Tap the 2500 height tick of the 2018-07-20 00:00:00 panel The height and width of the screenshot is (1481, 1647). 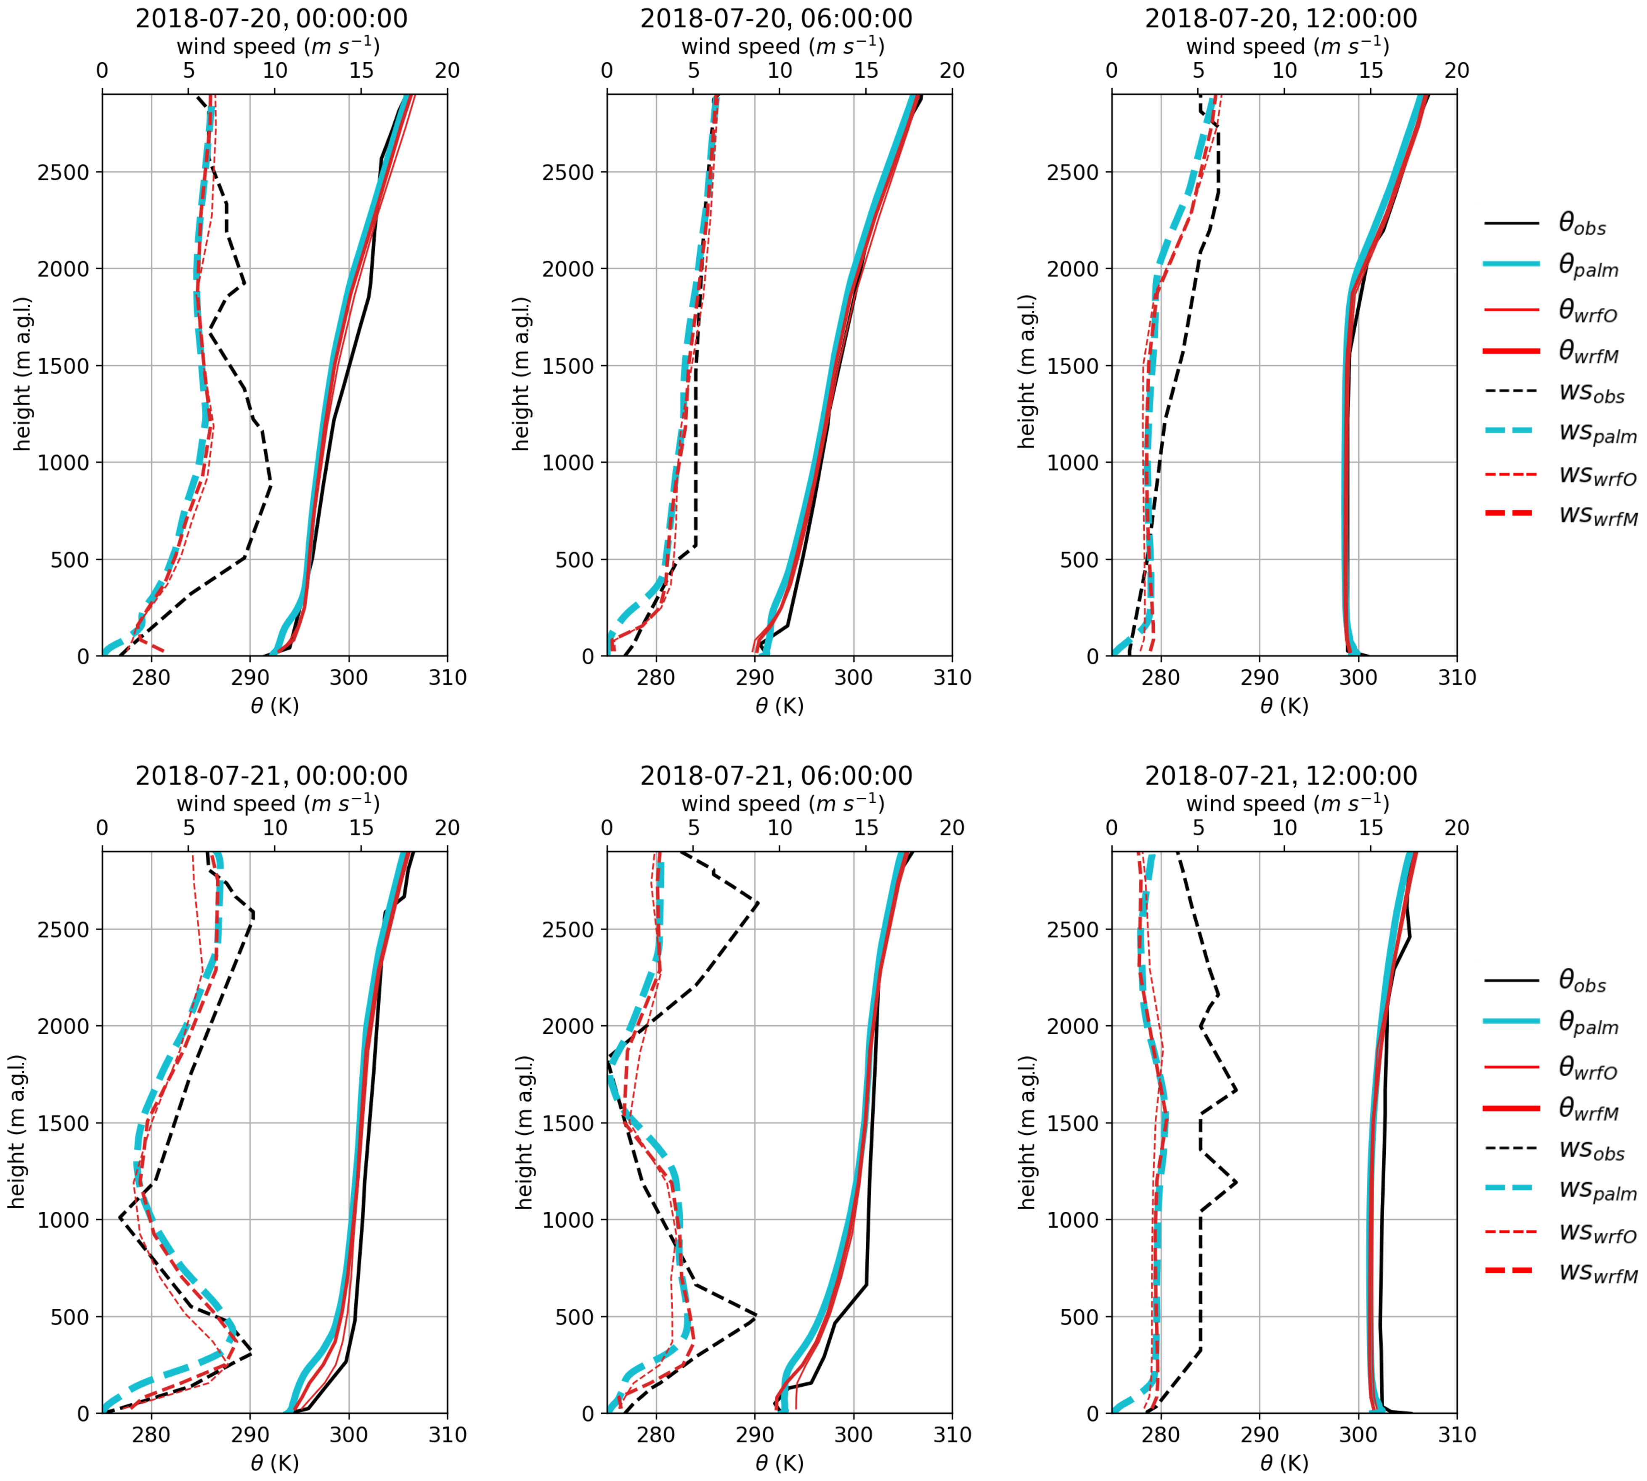[64, 173]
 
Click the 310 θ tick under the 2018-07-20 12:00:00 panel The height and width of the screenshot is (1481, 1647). [1456, 678]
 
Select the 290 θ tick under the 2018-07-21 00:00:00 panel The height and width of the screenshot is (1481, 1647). [250, 1435]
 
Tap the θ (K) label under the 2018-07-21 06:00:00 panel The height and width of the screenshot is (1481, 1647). [779, 1463]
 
